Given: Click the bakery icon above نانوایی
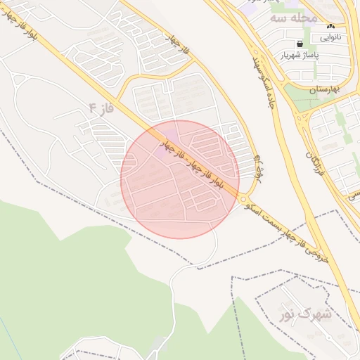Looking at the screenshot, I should (331, 26).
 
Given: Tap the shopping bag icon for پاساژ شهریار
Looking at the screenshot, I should (300, 44).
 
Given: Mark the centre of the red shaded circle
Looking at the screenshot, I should (180, 180).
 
